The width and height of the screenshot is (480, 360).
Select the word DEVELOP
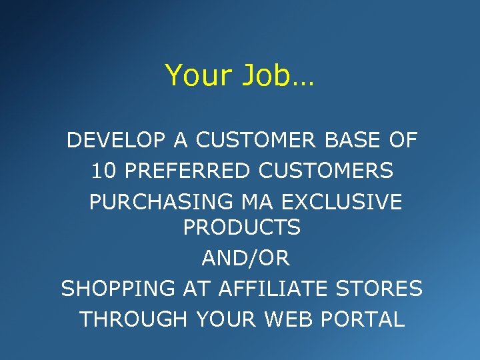click(x=109, y=141)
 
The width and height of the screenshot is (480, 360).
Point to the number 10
click(x=103, y=171)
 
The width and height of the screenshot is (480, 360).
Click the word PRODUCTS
click(x=242, y=228)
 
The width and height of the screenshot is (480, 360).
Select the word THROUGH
click(x=134, y=319)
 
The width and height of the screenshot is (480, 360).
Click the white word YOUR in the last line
click(x=227, y=319)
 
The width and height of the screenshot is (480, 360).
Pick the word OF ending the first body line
click(x=403, y=141)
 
